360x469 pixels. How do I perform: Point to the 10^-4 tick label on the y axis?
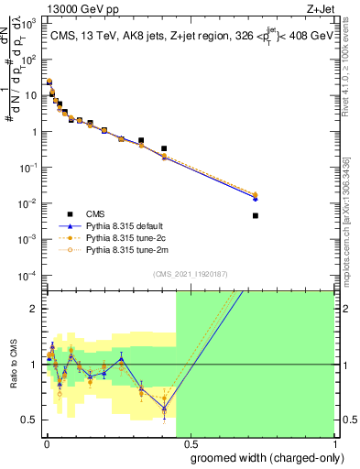[30, 276]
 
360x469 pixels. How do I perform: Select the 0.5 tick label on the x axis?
[189, 445]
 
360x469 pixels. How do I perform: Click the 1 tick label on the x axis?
[334, 445]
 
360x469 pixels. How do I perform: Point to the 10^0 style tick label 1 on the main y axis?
[33, 132]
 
